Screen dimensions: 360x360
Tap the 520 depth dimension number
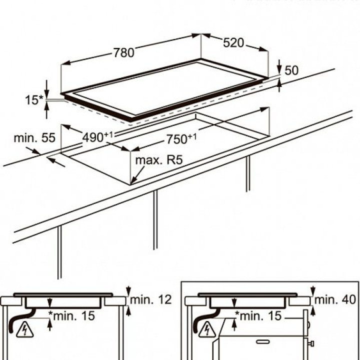[x=233, y=43]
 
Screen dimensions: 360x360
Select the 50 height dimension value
[x=291, y=70]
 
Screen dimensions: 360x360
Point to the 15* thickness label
[x=34, y=100]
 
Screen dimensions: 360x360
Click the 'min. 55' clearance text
[x=34, y=138]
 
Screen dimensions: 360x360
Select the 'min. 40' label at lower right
[x=336, y=300]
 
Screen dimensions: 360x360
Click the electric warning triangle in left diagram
[x=23, y=329]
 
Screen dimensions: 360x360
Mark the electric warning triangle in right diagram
[x=206, y=329]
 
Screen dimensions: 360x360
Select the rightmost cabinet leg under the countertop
[x=247, y=173]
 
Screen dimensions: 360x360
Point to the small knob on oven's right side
[x=311, y=343]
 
